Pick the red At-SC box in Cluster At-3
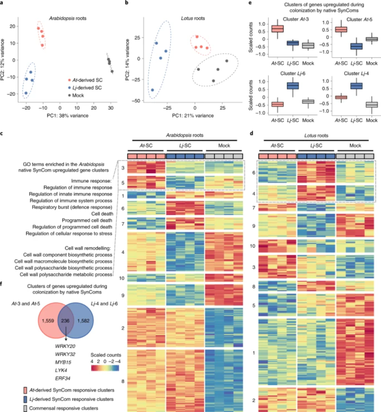click(277, 29)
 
